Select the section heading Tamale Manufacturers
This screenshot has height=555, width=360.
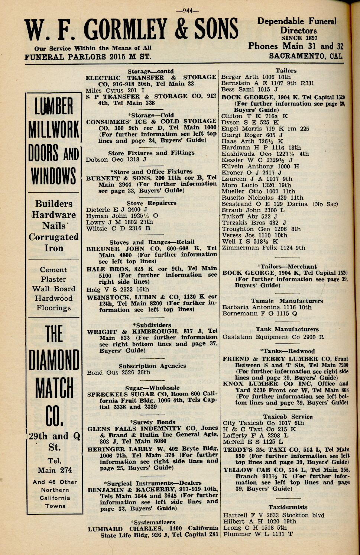coord(287,301)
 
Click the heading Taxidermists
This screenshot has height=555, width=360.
coord(288,507)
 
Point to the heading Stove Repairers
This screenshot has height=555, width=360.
coord(151,203)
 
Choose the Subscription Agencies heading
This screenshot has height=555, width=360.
coord(152,366)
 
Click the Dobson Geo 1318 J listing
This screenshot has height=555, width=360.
coord(116,159)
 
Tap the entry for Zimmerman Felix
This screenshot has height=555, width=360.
coord(263,248)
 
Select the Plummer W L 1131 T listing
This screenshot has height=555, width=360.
coord(258,534)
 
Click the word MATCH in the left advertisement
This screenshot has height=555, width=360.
coord(54,388)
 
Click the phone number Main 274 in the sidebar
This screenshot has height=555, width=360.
coord(55,470)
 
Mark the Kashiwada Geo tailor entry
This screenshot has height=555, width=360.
coord(265,154)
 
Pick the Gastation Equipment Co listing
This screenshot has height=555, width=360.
coord(273,337)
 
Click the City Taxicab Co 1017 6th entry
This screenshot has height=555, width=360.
coord(263,423)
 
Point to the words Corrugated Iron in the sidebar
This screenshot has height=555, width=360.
coord(54,242)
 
